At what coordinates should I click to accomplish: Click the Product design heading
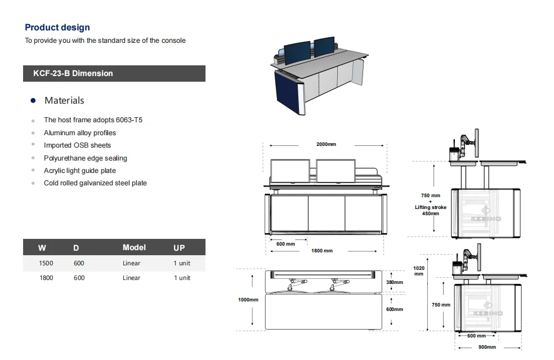57,28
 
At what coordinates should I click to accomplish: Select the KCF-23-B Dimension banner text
73,73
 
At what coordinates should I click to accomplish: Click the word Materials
64,100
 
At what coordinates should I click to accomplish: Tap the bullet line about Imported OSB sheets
77,145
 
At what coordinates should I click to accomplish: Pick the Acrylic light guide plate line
79,171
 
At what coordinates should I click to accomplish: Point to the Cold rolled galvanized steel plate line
95,183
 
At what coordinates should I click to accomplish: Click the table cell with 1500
46,263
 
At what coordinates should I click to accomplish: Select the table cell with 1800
46,278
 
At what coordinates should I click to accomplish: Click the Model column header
134,247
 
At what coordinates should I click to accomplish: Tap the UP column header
179,248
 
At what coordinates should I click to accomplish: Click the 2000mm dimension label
325,144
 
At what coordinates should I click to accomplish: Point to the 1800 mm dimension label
322,251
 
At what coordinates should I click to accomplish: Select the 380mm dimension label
394,282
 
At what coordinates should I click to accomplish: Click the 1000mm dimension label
248,300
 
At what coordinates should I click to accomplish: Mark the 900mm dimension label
487,347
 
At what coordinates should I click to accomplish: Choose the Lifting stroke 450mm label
431,207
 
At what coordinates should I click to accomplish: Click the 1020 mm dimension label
418,271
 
